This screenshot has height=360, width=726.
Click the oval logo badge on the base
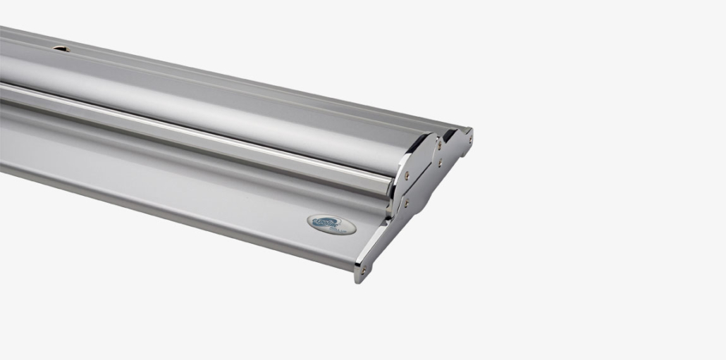(x=331, y=224)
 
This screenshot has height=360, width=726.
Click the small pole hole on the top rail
(x=61, y=49)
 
